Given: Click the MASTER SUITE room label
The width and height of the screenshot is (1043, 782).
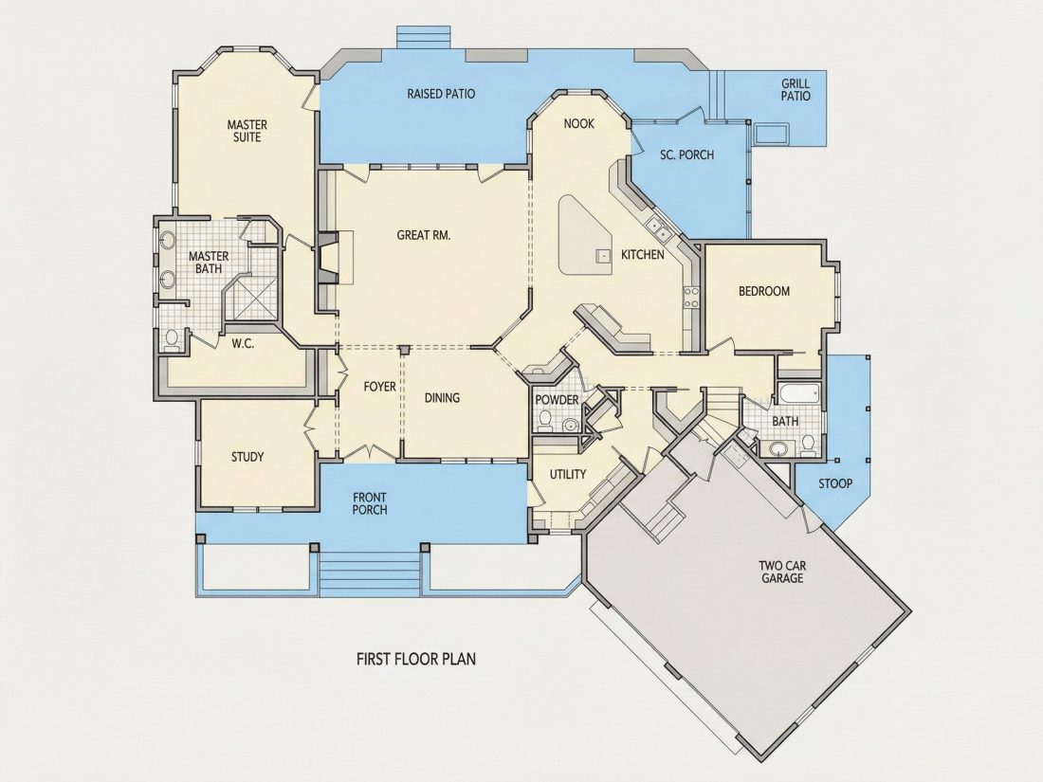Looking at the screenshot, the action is (x=247, y=131).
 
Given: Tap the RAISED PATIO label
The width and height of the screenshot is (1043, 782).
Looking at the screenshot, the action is (x=441, y=94).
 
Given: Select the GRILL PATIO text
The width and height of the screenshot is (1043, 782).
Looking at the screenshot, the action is (x=796, y=90).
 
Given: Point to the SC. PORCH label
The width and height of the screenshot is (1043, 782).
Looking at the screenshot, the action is (x=686, y=155).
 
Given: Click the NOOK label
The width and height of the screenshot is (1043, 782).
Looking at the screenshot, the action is (x=578, y=123).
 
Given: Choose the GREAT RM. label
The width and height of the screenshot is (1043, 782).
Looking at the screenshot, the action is (x=424, y=235).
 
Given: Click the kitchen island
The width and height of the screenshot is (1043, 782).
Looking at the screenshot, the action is (x=584, y=235).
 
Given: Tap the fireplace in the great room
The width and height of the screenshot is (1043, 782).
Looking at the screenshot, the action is (x=328, y=258).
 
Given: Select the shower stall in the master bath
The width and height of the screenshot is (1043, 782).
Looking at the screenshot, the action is (x=250, y=299).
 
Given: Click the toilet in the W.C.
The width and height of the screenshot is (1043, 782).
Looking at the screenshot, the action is (x=172, y=339).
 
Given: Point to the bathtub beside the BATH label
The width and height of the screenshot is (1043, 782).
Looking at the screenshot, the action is (x=799, y=393).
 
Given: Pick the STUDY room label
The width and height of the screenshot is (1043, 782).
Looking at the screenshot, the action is (x=247, y=457).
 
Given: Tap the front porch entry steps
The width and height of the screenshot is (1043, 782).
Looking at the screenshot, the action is (x=371, y=572).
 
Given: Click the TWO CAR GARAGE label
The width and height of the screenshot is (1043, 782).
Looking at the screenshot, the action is (x=782, y=572).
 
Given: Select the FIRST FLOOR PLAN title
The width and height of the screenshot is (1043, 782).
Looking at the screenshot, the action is (x=416, y=659).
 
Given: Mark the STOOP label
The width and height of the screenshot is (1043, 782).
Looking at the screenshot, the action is (x=834, y=483).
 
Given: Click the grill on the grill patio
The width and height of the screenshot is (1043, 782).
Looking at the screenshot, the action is (x=770, y=134).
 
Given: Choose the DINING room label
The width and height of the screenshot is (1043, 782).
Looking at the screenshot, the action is (x=443, y=398).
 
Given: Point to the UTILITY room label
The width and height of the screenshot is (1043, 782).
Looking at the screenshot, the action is (x=567, y=474).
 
